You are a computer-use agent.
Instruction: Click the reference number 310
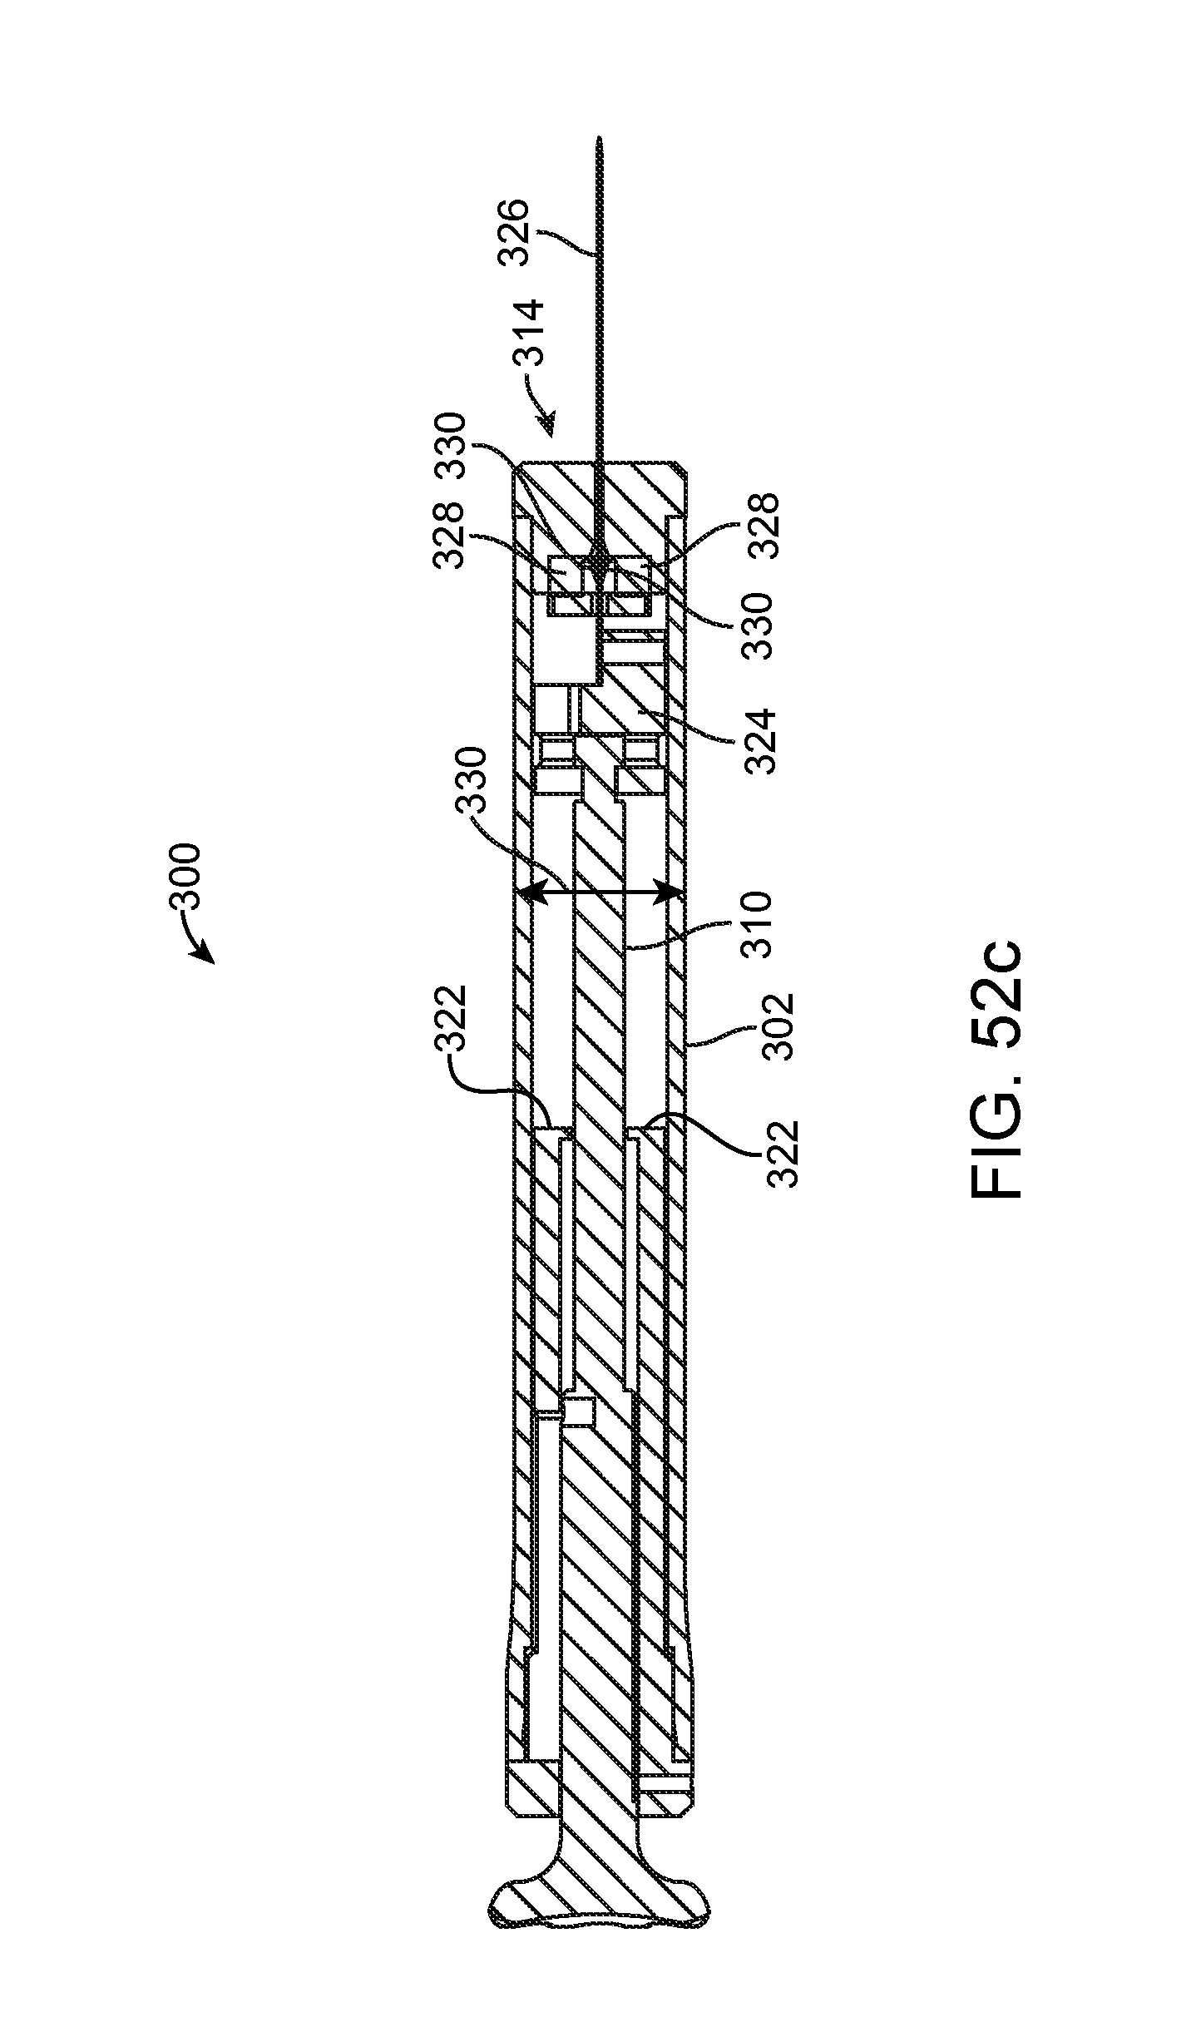[758, 925]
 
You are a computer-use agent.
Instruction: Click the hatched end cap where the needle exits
[599, 491]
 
